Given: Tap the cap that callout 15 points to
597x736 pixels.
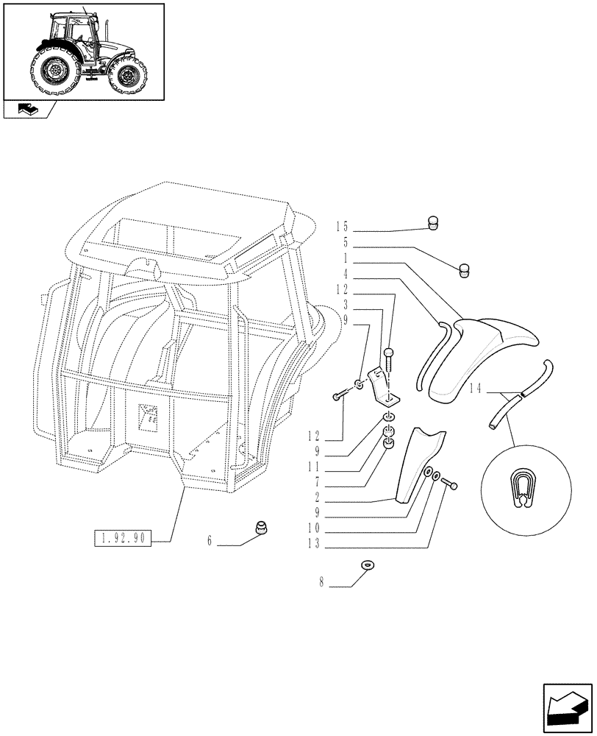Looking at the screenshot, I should [x=434, y=223].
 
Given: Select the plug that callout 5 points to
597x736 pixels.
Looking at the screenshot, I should [x=464, y=269].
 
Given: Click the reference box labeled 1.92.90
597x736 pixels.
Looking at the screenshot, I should [x=122, y=539].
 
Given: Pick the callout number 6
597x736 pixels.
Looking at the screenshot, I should [x=210, y=540].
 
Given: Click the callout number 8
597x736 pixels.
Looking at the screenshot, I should [x=321, y=581].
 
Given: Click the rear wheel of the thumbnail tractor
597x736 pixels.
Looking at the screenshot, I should [x=56, y=71].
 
